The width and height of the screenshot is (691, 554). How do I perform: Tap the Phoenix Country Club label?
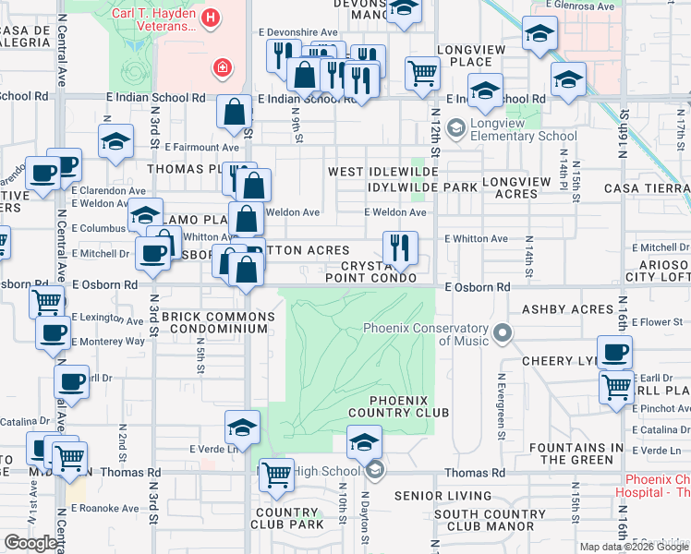pos(409,406)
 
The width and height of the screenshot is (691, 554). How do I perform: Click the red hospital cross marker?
pos(222,66)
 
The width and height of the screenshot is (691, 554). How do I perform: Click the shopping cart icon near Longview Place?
pos(422,72)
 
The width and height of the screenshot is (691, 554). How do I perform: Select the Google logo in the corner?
pos(31,543)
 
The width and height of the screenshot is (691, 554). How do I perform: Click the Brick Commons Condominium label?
pos(218,323)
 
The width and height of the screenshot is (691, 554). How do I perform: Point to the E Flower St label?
pos(661,323)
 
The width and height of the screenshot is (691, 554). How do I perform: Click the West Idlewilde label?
pos(382,173)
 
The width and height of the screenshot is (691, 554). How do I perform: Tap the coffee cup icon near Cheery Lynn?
pos(614,352)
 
